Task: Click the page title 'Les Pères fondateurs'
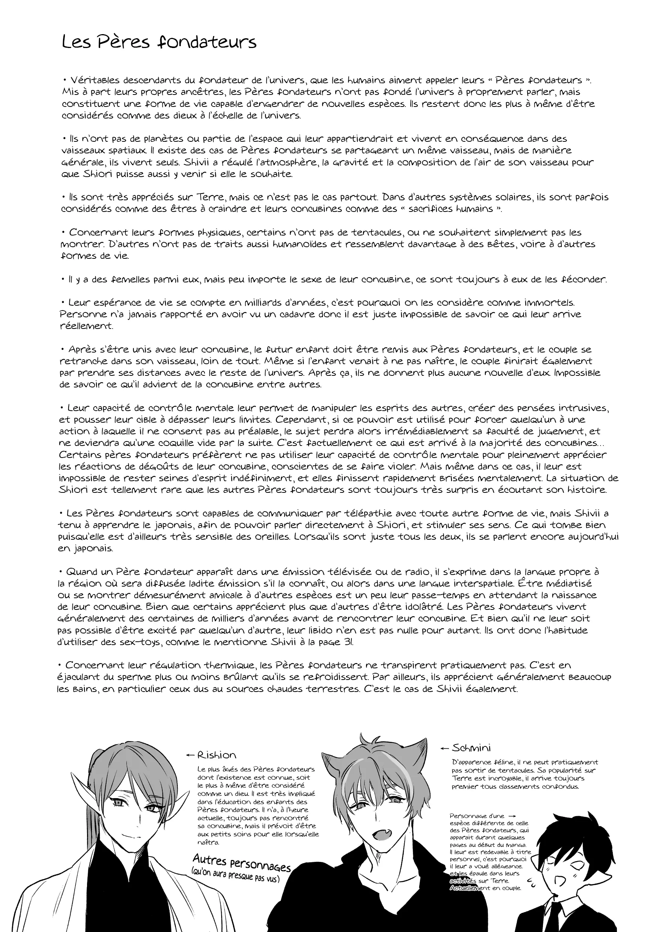[x=159, y=43]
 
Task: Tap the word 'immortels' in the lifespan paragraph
[x=549, y=303]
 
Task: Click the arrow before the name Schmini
[x=445, y=748]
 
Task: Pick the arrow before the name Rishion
[x=190, y=755]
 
